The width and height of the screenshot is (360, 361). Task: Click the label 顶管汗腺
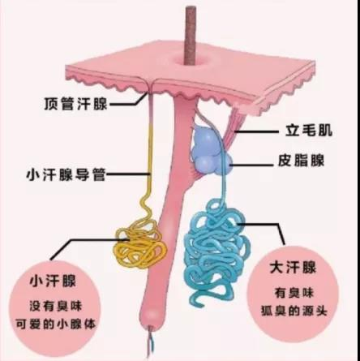coord(75,104)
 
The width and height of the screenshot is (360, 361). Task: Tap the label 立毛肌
coord(309,131)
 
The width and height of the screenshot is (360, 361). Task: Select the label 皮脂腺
coord(302,161)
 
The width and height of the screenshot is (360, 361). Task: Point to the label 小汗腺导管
coord(66,174)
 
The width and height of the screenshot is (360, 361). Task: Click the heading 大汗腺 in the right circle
coord(293,268)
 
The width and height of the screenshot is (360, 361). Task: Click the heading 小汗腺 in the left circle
coord(53,281)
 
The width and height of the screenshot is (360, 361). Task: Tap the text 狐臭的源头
coord(294,311)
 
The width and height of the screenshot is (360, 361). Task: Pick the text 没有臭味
coord(55,307)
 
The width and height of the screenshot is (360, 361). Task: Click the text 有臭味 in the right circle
coord(294,293)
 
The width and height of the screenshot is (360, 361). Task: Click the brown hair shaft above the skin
coord(191,34)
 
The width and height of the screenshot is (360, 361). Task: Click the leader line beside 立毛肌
coord(257,131)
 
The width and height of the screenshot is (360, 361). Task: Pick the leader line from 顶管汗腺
coord(129,101)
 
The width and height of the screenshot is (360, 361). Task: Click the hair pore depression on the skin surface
coord(189,62)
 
